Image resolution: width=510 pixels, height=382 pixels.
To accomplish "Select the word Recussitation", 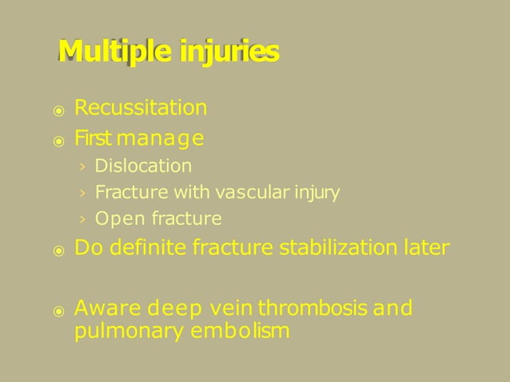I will coord(141,108).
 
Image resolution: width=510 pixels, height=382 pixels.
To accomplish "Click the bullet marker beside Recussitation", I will coord(58,110).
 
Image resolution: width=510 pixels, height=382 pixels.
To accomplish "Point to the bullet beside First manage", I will coord(58,141).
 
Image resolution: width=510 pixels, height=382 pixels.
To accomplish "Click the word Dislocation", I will coord(143,166).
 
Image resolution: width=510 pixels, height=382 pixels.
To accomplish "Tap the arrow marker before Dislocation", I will coord(82,167).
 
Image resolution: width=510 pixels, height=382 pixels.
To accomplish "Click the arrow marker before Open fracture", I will coord(82,220).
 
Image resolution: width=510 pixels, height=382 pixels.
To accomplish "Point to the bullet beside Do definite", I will coord(58,251).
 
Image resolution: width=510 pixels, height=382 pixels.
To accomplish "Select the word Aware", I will coord(101,308).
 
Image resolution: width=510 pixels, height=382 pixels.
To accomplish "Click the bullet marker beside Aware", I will coord(58,310).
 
